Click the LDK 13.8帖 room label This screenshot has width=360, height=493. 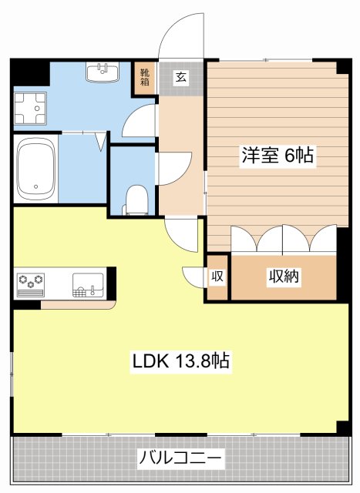point(181,361)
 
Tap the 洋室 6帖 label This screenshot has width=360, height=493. point(278,155)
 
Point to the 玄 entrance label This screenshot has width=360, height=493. point(180,77)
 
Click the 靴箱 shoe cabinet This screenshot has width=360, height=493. point(144,78)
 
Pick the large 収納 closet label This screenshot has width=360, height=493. point(284,276)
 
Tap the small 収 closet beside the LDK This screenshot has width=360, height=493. point(217,277)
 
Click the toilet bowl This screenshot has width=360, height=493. point(136,200)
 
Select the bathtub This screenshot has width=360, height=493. point(35,169)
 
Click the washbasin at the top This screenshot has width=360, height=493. point(103,72)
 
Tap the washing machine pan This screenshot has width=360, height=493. point(30,108)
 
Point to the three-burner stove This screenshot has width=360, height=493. point(31,284)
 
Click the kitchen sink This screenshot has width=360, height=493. point(88,285)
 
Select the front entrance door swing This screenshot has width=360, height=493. point(181,35)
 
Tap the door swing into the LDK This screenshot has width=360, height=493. point(181,235)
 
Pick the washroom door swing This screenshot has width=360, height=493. point(140,120)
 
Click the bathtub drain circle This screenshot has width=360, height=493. point(36,186)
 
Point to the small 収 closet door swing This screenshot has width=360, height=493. point(193,277)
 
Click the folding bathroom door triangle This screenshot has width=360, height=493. point(101,141)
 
